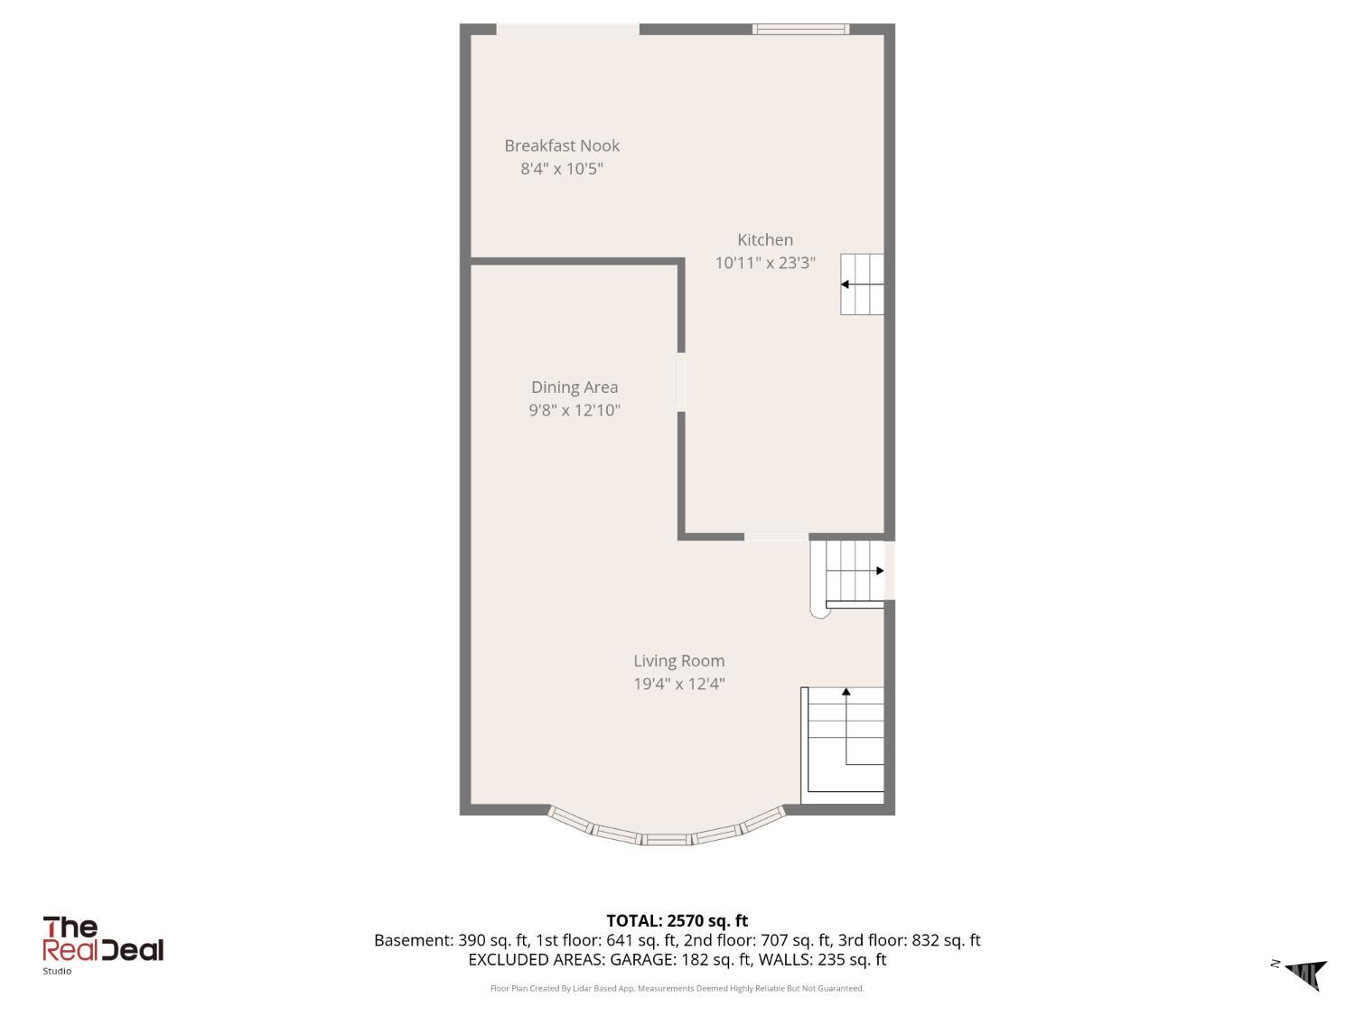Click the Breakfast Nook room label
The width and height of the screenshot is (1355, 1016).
[561, 145]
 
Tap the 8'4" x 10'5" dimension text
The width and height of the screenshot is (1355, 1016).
[561, 168]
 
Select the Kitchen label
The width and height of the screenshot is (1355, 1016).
[765, 240]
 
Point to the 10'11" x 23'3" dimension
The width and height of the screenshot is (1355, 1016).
[765, 263]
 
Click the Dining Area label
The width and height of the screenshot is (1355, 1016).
[575, 387]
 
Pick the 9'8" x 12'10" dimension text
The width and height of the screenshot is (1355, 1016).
[575, 410]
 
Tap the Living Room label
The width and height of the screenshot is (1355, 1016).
[678, 661]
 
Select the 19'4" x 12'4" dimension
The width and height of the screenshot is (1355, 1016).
[678, 684]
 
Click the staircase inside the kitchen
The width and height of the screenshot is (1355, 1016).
[862, 284]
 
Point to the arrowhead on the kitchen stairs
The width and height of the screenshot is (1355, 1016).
[845, 284]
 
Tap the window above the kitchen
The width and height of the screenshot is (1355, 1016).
[800, 29]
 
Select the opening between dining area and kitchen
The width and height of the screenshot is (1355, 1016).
[681, 382]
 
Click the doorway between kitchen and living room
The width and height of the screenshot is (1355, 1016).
[776, 536]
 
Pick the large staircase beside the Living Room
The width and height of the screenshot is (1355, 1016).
[843, 745]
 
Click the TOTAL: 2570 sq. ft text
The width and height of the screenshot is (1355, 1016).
[677, 920]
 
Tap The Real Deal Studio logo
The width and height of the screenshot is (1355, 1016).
[102, 945]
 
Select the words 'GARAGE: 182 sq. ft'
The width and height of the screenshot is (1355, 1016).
[681, 959]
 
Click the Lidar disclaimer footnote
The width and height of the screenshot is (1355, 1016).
[677, 988]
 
